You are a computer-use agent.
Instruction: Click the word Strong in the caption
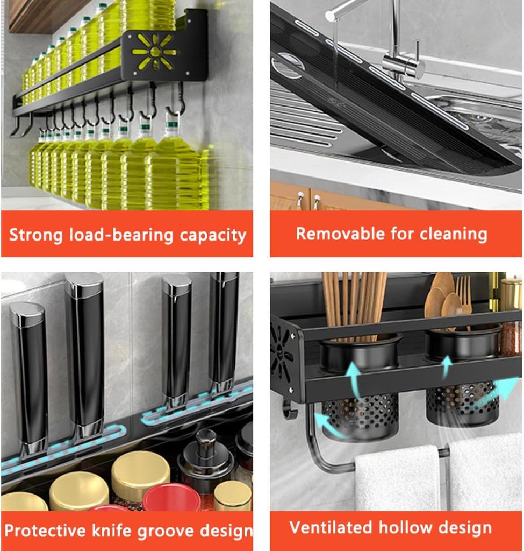click(35, 235)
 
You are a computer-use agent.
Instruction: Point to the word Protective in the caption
click(45, 530)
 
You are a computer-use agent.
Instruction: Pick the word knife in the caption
click(112, 530)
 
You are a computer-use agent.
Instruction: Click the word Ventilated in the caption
click(331, 527)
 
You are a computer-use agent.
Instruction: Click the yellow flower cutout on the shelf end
click(154, 52)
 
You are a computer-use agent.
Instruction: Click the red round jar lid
click(171, 497)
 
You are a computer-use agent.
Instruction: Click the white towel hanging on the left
click(397, 478)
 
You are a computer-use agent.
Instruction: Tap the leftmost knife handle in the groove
click(30, 379)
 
